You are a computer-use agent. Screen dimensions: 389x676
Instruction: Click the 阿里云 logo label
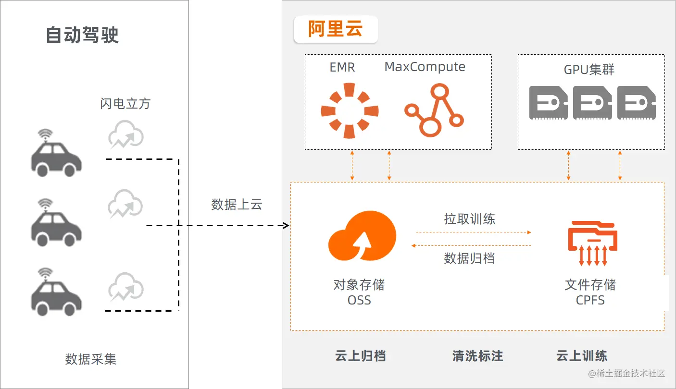pos(336,29)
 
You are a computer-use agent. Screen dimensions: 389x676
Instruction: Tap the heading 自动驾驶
pos(82,35)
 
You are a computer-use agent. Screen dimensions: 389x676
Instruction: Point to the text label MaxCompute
pos(425,67)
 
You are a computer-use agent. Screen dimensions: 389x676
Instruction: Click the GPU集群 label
pos(589,70)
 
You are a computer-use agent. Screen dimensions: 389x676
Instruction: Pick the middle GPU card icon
pos(592,103)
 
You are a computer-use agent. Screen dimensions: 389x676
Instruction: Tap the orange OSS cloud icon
pos(362,237)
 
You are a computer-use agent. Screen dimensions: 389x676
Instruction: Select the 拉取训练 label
pos(469,219)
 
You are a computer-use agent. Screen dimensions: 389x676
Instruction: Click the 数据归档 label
pos(469,258)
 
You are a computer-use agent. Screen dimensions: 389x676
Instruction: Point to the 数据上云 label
pos(237,204)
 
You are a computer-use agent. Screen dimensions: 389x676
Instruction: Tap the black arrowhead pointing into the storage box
pos(286,226)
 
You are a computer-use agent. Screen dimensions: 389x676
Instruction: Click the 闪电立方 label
pos(125,103)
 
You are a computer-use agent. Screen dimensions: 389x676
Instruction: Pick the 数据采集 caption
pos(91,359)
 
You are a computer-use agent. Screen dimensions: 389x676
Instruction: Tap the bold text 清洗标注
pos(477,356)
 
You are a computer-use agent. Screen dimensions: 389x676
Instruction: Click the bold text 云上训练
pos(581,356)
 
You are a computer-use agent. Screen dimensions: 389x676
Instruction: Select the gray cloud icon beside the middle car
pos(125,204)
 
